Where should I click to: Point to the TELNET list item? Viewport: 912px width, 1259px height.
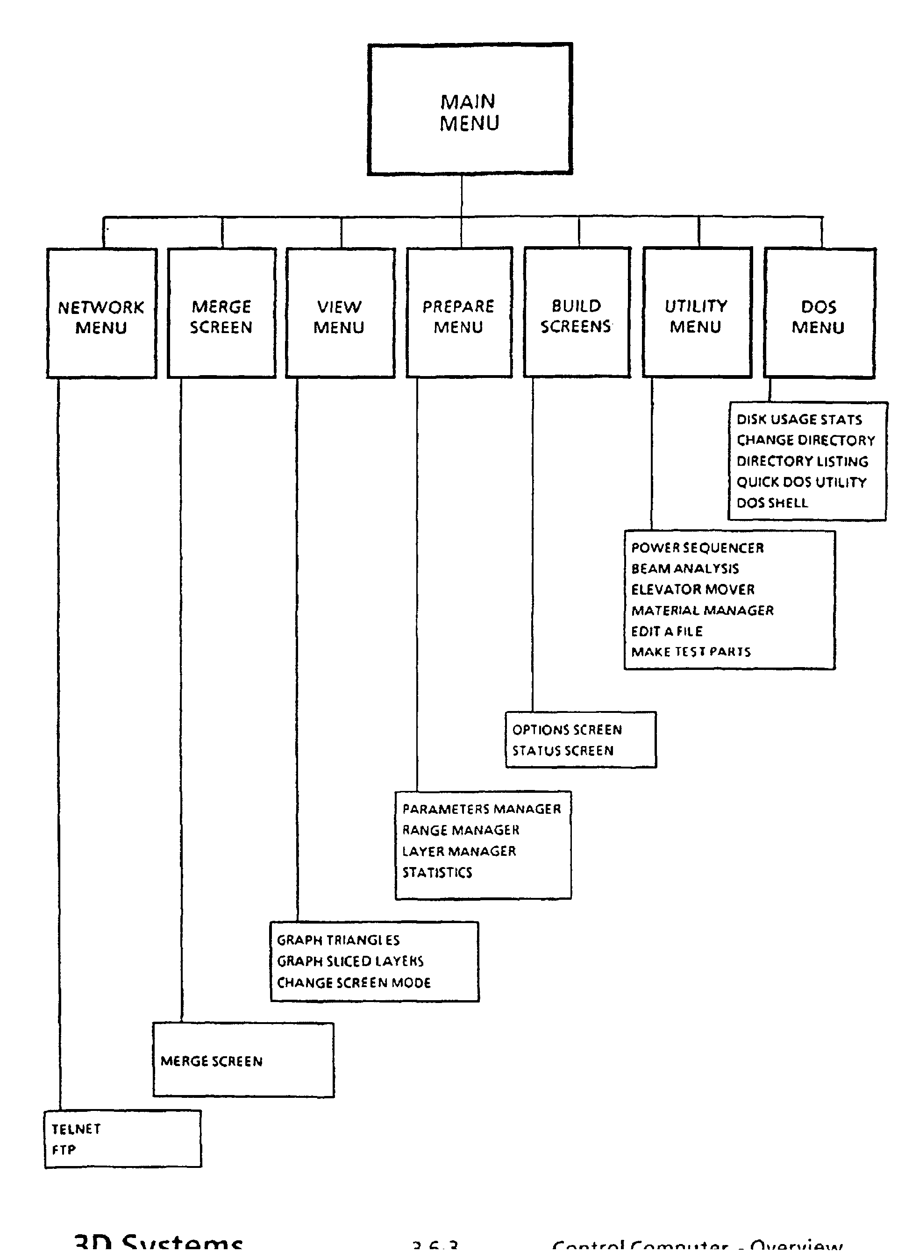76,1129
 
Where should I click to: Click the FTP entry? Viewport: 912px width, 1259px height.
64,1150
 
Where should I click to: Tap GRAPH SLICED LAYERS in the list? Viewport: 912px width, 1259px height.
350,961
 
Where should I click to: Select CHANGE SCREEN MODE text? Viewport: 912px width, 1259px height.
354,983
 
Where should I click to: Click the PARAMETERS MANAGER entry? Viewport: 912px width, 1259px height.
481,809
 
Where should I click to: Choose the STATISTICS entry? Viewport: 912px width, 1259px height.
437,873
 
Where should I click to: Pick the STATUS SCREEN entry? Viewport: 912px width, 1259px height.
563,751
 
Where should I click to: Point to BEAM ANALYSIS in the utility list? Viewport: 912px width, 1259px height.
685,569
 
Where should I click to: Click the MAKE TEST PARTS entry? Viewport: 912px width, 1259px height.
691,652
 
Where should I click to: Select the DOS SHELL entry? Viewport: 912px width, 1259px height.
772,503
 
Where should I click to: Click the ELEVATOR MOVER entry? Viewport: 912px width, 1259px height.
693,590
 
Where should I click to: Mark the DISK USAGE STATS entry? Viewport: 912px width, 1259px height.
799,420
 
